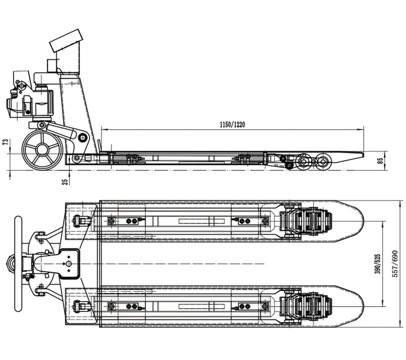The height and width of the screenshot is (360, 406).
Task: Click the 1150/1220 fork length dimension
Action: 232,125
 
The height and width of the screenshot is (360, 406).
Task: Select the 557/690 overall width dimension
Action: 395,264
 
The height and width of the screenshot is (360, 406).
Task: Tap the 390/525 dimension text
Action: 378,264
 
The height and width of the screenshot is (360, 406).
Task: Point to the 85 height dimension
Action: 380,161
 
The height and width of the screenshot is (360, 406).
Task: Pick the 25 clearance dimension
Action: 66,182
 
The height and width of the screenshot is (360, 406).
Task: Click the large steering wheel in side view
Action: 42,150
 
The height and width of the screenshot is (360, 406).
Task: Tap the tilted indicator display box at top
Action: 66,41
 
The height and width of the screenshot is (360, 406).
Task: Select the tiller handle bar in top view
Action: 18,264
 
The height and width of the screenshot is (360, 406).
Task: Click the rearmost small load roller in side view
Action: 323,162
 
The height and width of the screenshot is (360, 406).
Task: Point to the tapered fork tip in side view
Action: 350,157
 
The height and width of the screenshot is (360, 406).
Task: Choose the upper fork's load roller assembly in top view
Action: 306,221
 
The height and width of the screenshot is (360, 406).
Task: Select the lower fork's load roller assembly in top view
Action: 306,306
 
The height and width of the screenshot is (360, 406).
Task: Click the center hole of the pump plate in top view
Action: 69,264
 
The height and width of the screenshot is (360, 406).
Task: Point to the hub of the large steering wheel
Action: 42,150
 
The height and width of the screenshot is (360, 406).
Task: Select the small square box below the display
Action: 52,66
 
